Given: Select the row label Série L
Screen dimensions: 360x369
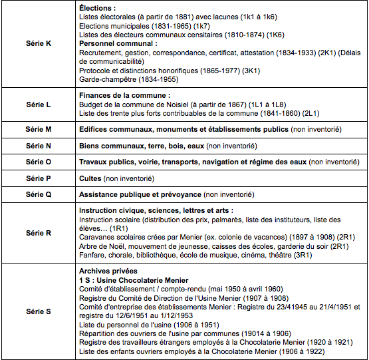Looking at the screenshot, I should click(39, 105).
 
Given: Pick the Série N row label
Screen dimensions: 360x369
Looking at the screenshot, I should click(39, 145).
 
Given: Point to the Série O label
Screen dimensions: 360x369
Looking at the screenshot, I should click(39, 162).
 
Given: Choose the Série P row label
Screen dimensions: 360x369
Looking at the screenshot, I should click(39, 178).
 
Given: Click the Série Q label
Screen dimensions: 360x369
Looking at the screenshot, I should click(39, 194).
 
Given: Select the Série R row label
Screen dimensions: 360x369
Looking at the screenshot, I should click(39, 233).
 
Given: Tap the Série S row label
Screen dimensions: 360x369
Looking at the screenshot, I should click(39, 311).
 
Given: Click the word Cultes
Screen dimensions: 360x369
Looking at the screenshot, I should click(90, 178).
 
